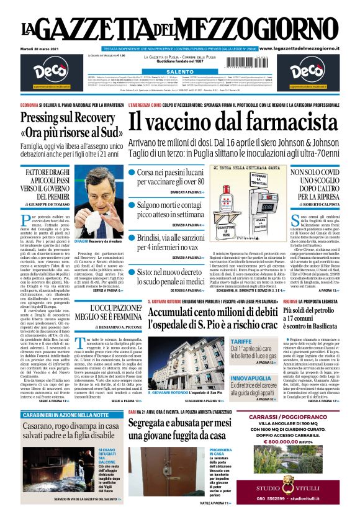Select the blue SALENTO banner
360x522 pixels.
point(180,72)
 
